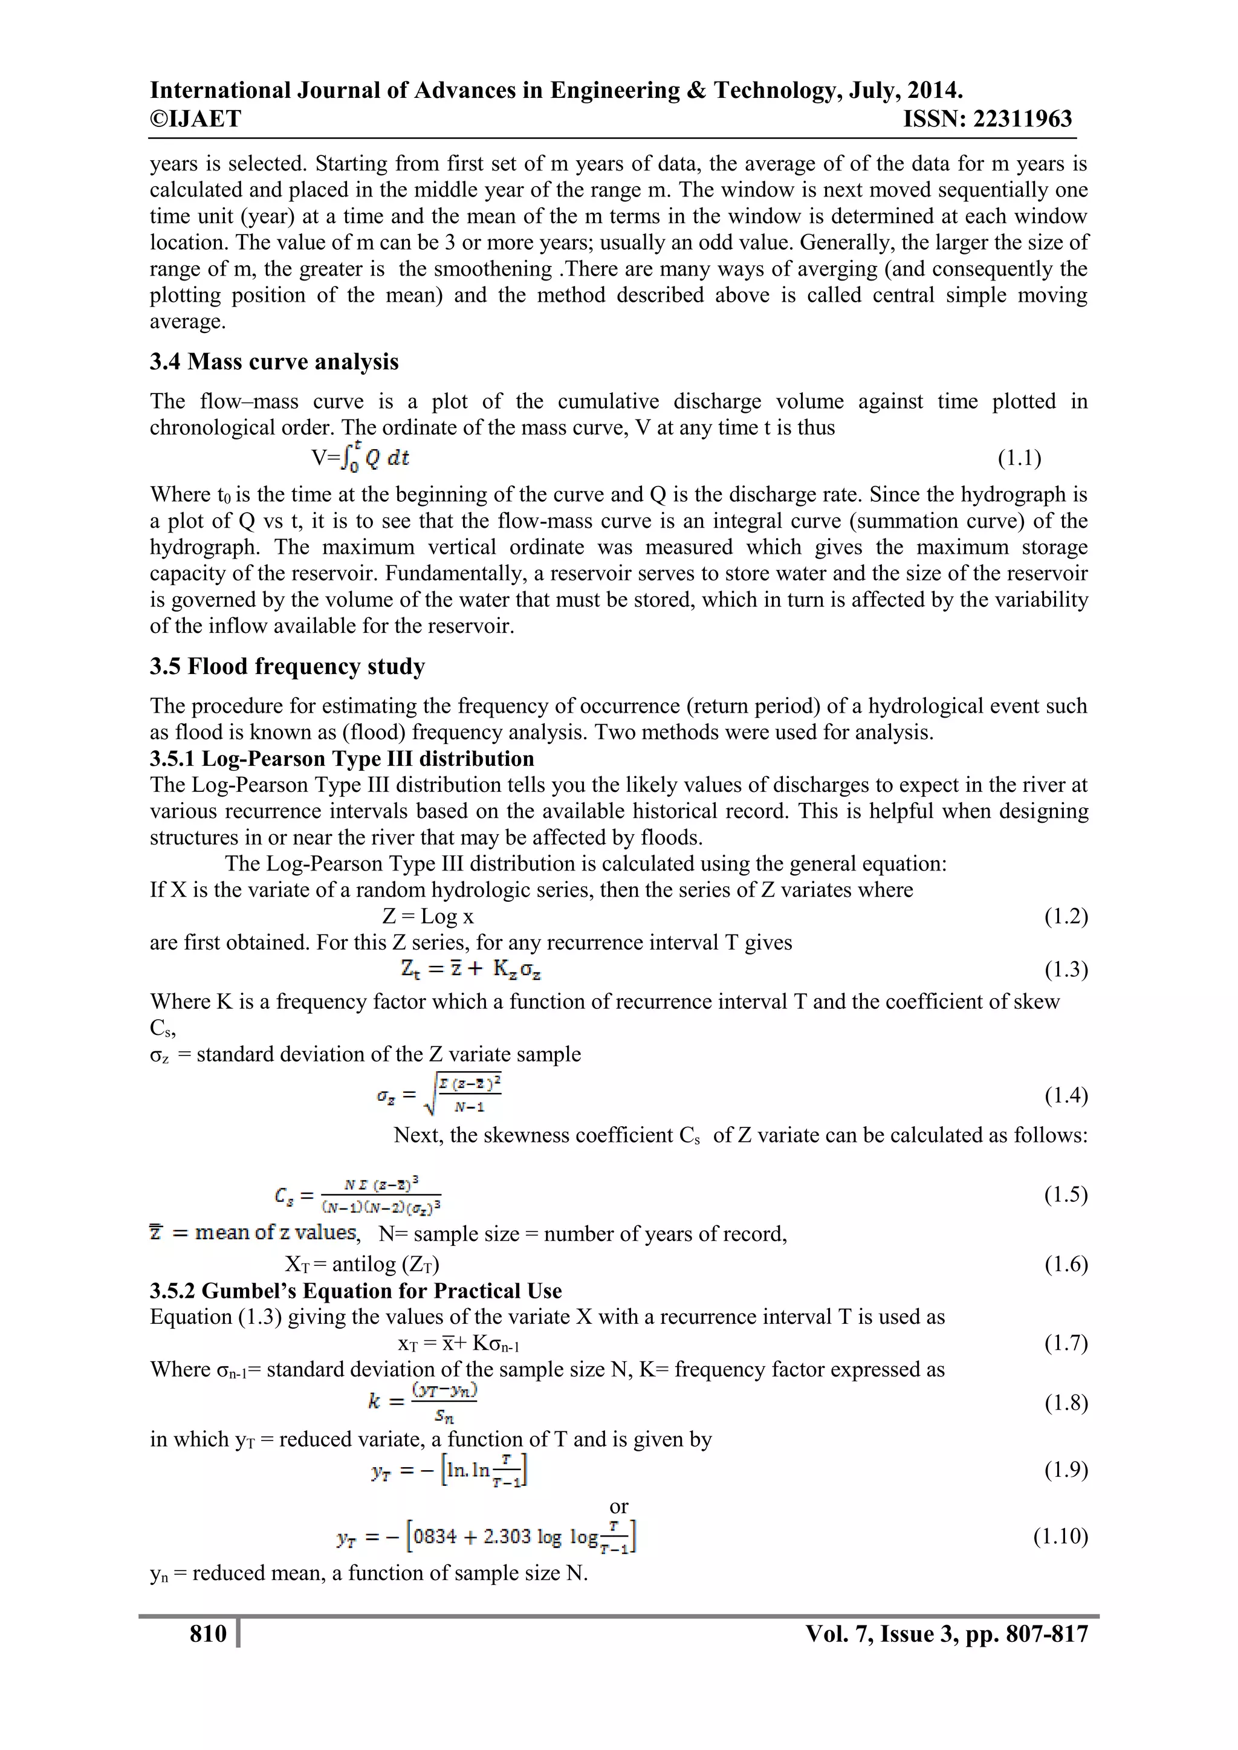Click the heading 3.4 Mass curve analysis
[274, 361]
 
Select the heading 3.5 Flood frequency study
[287, 666]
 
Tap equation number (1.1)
[1019, 458]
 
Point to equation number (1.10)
[1060, 1536]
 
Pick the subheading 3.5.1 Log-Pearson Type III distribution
[342, 759]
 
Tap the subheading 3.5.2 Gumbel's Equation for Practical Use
[355, 1291]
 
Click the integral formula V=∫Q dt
[360, 458]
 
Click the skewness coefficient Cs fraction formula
[358, 1195]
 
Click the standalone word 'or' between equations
[618, 1506]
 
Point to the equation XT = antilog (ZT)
[361, 1264]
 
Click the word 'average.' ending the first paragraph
[187, 321]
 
